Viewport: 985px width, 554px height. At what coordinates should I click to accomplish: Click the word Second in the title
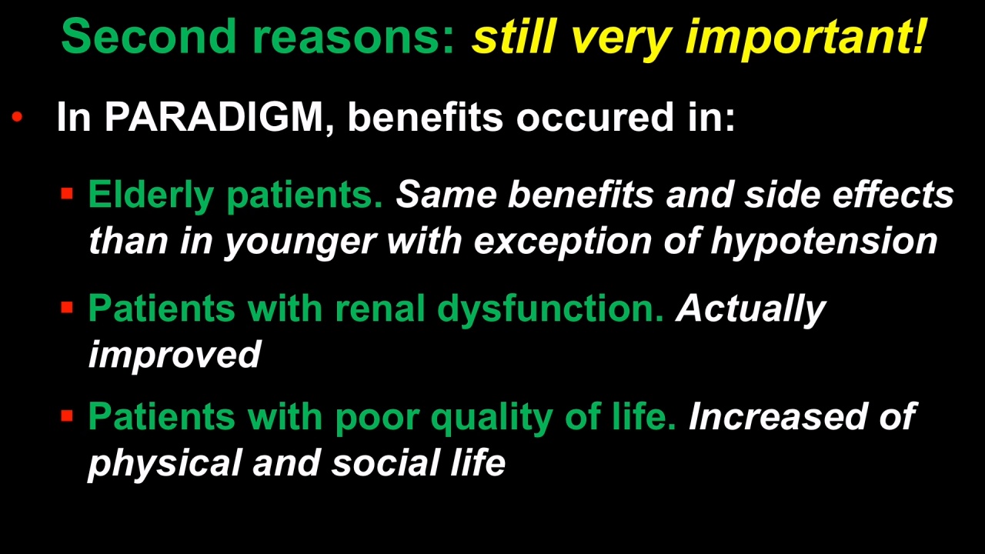(x=149, y=36)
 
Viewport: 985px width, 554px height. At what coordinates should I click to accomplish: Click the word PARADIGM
(x=214, y=117)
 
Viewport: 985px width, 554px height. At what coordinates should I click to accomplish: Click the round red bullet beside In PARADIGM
(x=17, y=116)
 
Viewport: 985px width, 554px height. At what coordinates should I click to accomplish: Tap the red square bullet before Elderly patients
(x=67, y=193)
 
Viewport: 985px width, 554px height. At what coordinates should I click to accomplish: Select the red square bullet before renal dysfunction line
(x=67, y=307)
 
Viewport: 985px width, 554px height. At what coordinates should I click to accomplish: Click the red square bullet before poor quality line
(x=67, y=415)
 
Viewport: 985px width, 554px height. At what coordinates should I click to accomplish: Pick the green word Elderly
(x=151, y=195)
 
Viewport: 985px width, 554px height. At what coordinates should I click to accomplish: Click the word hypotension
(x=824, y=242)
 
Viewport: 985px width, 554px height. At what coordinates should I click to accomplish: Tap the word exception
(x=563, y=242)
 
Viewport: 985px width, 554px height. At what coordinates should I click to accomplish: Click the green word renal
(x=380, y=309)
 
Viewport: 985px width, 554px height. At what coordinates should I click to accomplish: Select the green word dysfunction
(x=550, y=309)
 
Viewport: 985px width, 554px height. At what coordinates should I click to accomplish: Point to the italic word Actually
(x=750, y=310)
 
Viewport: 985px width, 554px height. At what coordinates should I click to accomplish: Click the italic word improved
(x=175, y=355)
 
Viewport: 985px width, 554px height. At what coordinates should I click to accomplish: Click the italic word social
(x=386, y=462)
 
